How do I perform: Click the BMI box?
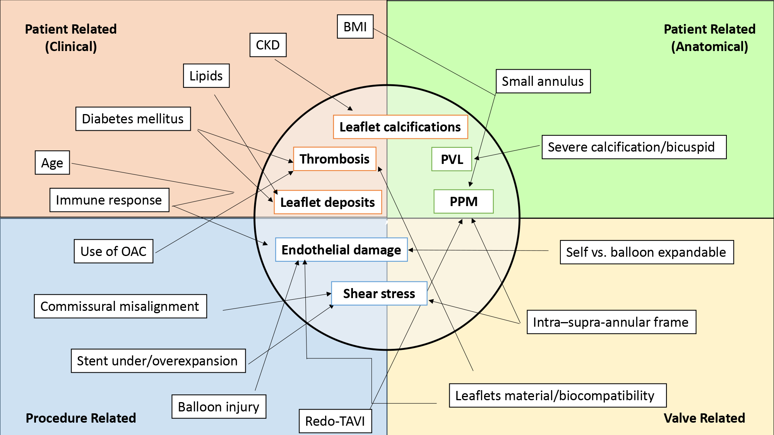click(355, 27)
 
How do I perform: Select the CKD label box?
click(268, 45)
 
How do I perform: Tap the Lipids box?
click(206, 76)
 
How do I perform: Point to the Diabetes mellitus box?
click(133, 119)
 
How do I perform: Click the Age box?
click(52, 163)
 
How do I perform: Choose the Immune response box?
click(109, 200)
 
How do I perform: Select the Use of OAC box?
click(113, 251)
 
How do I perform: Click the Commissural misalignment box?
click(120, 306)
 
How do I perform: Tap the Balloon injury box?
click(219, 407)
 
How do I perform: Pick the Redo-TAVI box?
click(335, 421)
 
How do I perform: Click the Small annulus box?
click(543, 81)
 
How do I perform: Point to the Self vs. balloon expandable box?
click(646, 252)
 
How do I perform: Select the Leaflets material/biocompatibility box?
click(557, 396)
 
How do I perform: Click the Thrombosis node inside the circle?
click(335, 159)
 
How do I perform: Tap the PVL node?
click(452, 159)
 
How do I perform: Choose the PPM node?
click(463, 201)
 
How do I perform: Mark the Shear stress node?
click(379, 293)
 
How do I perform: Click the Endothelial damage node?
click(341, 250)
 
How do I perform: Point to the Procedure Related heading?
click(81, 418)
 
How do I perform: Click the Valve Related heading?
click(704, 418)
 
